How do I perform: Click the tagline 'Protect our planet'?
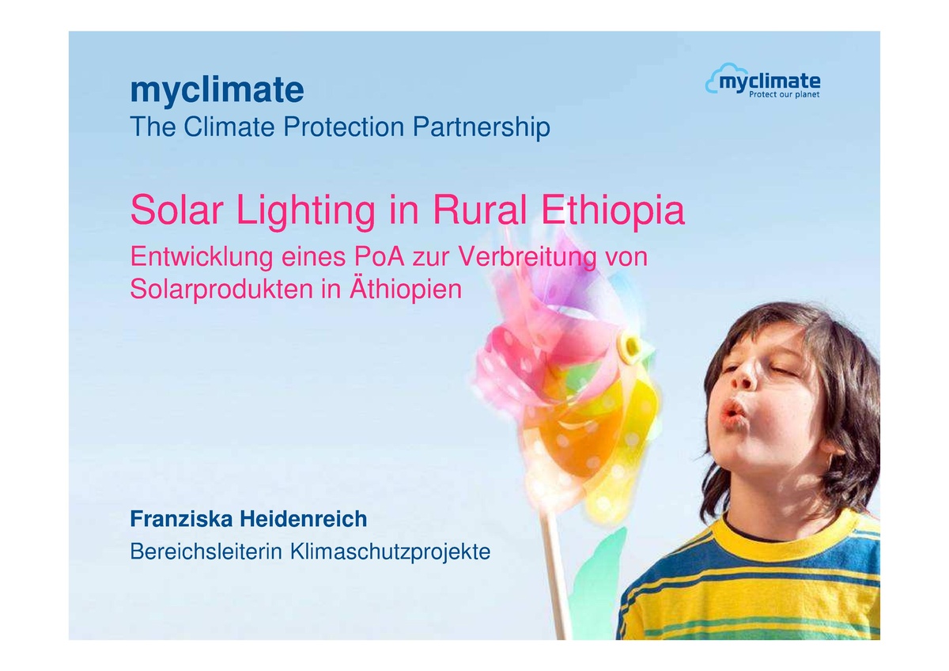click(784, 95)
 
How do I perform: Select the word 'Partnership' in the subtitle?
click(482, 127)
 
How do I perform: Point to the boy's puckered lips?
click(733, 411)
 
